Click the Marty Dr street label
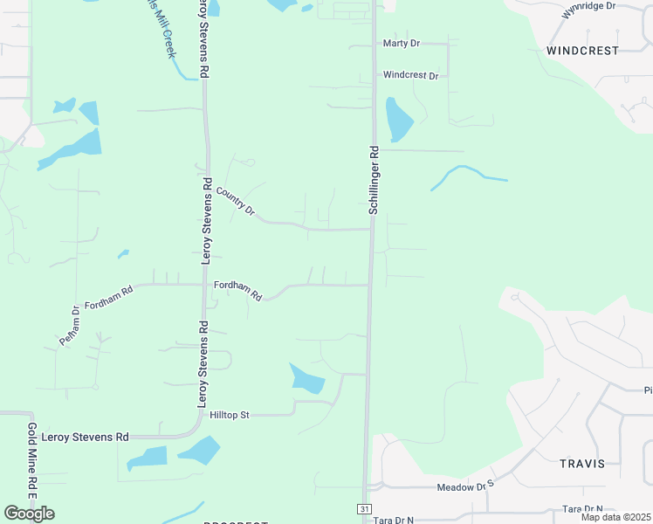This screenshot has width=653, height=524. point(402,43)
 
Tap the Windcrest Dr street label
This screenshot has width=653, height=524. point(410,76)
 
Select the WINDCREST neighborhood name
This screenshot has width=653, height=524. point(582,51)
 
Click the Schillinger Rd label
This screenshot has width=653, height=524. point(374,180)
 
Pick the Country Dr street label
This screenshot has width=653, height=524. point(234,202)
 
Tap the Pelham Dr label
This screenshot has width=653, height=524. point(70,326)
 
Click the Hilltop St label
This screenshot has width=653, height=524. point(230,415)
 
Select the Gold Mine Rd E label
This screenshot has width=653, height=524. point(31,461)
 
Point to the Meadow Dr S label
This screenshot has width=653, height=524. point(472,486)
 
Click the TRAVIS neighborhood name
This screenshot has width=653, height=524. point(582,464)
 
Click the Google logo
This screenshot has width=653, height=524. point(29,514)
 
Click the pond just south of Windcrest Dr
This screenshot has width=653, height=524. point(398,119)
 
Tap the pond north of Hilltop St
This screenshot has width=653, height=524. point(307,379)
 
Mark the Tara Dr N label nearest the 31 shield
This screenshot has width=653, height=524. point(393,520)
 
